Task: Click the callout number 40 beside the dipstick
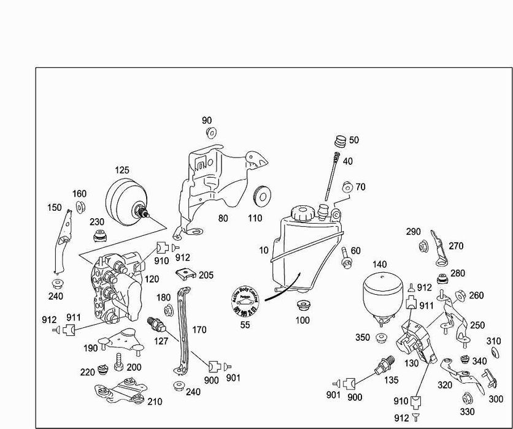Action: click(x=347, y=161)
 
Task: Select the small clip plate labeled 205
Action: click(x=186, y=275)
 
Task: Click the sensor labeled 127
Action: click(x=156, y=324)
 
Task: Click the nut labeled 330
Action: click(x=466, y=397)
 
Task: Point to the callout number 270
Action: click(x=456, y=246)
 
